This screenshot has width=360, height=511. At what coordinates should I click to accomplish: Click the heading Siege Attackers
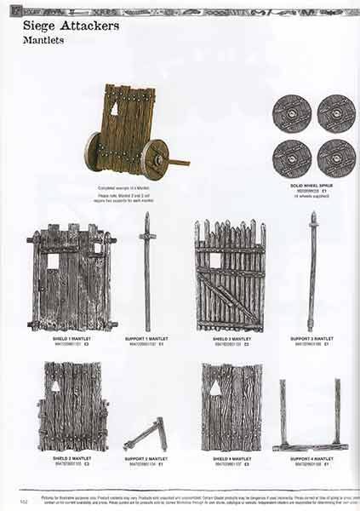71,26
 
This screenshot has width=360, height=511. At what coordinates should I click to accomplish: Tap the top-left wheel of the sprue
291,112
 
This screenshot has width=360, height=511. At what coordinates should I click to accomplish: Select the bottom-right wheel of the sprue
336,158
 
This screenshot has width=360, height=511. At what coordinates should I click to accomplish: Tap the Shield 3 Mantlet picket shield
230,276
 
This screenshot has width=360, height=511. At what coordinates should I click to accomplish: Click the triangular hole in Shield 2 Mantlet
56,386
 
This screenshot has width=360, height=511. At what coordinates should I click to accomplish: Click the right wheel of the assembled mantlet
155,159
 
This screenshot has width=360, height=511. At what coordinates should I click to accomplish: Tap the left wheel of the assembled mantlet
92,151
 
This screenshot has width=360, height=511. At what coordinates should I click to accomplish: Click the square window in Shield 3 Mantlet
215,260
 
